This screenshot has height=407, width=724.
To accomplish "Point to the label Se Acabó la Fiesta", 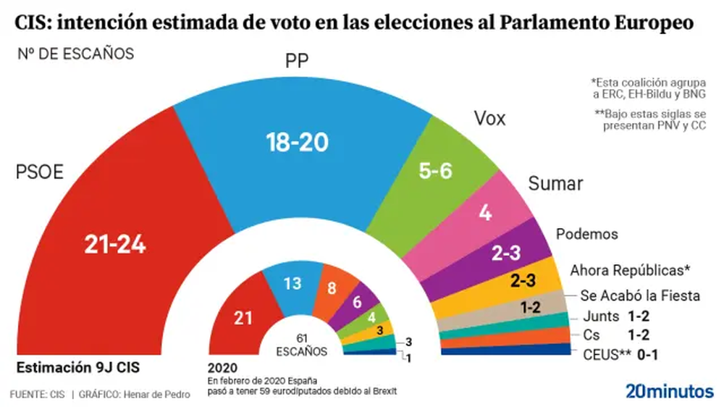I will [x=639, y=295].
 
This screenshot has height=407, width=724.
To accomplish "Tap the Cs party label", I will [x=591, y=335].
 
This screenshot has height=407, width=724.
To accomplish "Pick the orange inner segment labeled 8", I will [x=332, y=289].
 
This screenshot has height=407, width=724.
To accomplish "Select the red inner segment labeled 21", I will [x=243, y=317].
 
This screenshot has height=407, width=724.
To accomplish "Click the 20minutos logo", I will [x=669, y=391].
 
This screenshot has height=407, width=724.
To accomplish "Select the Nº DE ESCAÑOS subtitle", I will [x=76, y=54].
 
